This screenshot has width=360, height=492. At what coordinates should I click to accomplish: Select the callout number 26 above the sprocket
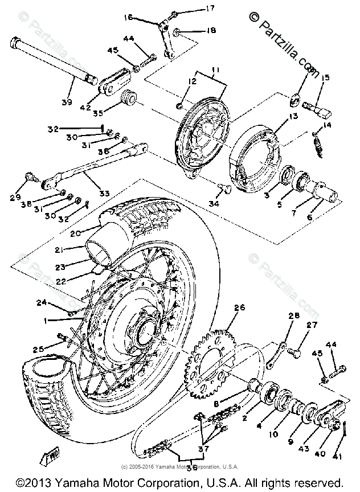pos(239,308)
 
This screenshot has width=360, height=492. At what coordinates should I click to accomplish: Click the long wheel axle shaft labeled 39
pos(51,60)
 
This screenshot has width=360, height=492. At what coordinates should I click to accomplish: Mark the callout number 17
pos(194,9)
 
